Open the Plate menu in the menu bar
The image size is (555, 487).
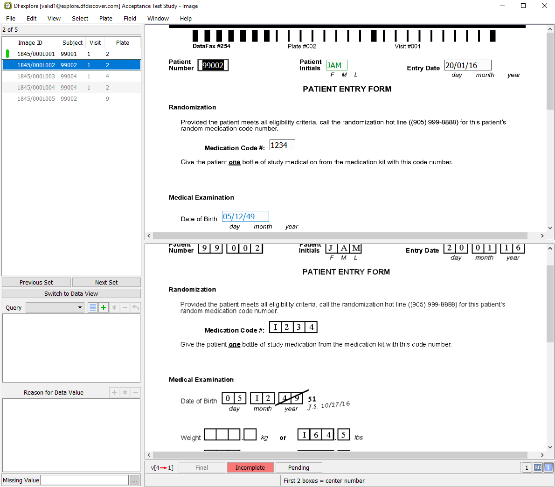point(105,18)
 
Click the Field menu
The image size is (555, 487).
point(130,18)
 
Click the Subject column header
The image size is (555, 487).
point(72,42)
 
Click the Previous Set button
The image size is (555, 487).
point(36,282)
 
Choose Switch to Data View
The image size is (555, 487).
point(71,294)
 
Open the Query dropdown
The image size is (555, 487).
point(55,307)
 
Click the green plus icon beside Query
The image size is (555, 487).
point(104,307)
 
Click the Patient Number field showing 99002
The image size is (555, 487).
point(213,65)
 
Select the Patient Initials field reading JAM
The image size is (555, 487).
point(336,65)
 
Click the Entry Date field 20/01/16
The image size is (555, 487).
point(468,65)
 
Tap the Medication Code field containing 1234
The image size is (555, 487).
point(282,145)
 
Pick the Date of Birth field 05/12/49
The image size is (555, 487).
point(245,216)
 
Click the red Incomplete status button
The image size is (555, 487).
point(250,467)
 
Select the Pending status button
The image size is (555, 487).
point(298,467)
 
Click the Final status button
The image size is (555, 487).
point(202,467)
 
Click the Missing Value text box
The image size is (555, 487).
point(84,480)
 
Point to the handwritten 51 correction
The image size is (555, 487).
point(312,399)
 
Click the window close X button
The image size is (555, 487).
point(545,6)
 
